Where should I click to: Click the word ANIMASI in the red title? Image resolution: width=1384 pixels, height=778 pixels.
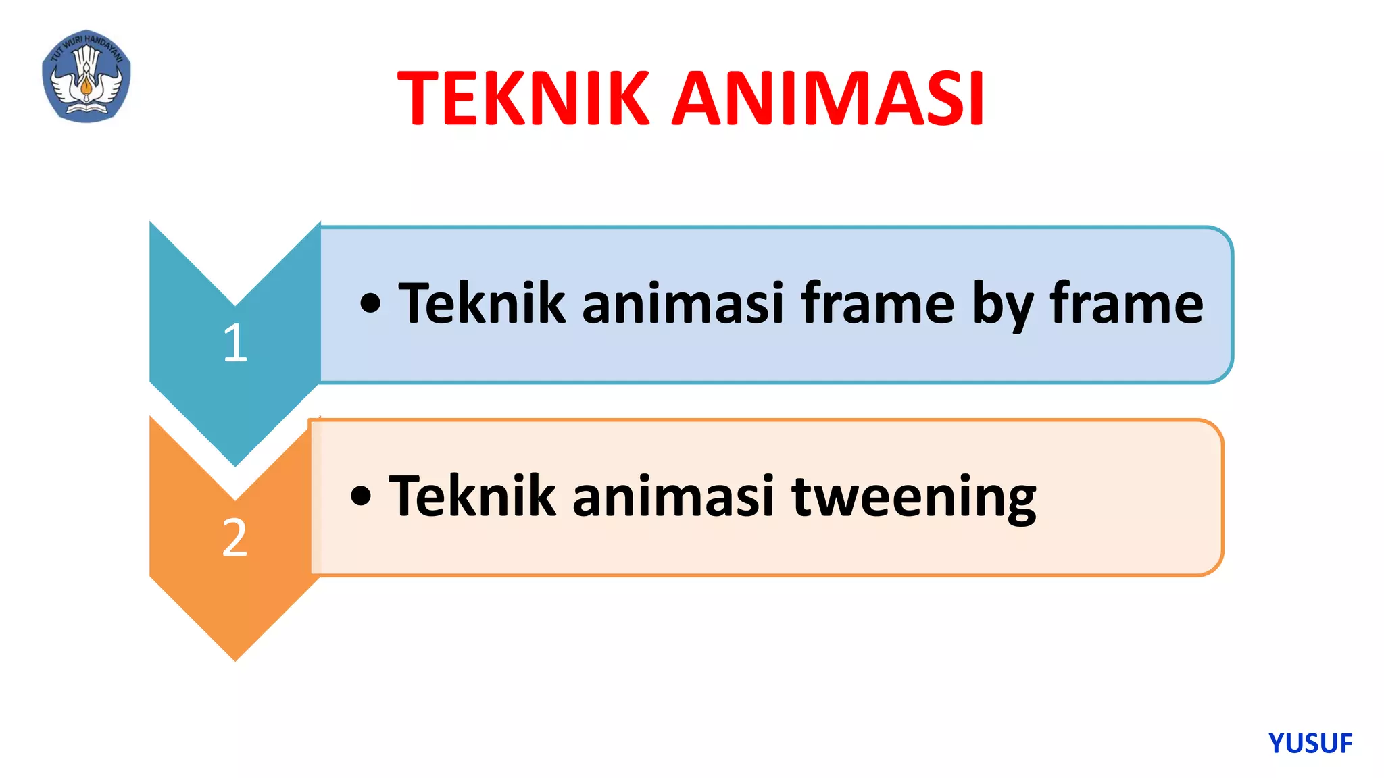click(x=828, y=99)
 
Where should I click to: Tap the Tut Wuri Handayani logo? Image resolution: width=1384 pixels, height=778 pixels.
click(x=86, y=76)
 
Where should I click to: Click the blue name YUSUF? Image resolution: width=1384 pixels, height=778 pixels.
click(x=1310, y=744)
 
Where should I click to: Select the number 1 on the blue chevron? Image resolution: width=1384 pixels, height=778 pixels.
click(x=235, y=343)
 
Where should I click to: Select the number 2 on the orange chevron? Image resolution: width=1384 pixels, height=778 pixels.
click(x=235, y=538)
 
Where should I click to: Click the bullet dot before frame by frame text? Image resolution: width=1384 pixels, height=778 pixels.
click(x=370, y=304)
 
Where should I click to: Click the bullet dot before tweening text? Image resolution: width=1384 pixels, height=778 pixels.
click(x=361, y=496)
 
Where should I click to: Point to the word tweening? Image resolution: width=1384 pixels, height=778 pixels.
click(x=914, y=498)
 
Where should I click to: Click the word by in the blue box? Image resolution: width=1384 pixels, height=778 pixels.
click(x=1002, y=305)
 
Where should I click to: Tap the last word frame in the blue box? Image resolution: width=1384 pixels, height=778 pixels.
click(x=1127, y=304)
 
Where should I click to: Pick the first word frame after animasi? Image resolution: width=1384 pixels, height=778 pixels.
click(x=877, y=304)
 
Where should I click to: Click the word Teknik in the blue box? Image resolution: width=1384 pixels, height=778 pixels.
click(x=481, y=304)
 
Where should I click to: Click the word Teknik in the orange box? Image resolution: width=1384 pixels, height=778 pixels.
click(x=472, y=496)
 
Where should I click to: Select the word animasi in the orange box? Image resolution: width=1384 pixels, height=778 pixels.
click(x=673, y=496)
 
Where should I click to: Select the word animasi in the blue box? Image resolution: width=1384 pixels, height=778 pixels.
click(x=683, y=304)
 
